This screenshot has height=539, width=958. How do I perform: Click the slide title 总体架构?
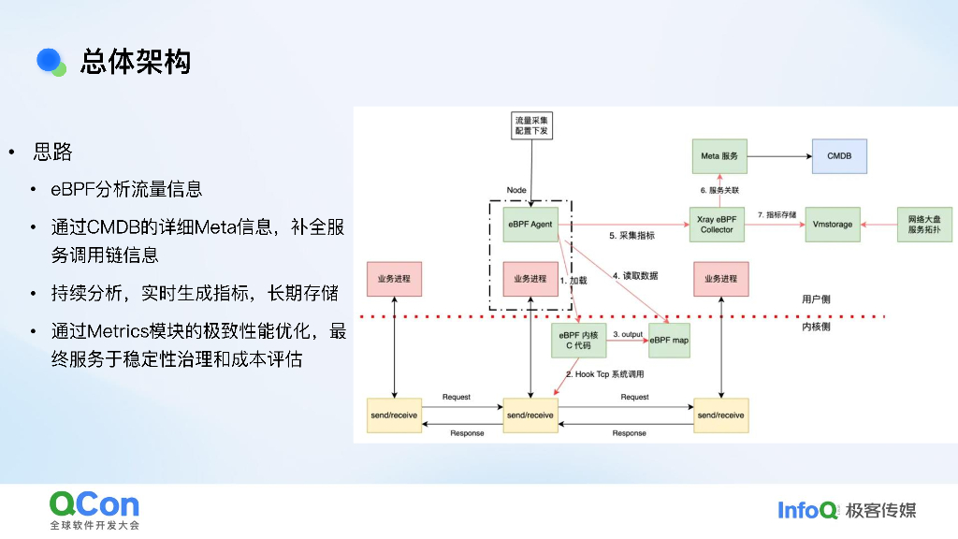pyautogui.click(x=136, y=62)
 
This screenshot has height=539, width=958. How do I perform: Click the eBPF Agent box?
pyautogui.click(x=530, y=225)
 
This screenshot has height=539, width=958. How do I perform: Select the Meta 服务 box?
pyautogui.click(x=718, y=155)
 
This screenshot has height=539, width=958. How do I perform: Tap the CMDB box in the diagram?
pyautogui.click(x=839, y=155)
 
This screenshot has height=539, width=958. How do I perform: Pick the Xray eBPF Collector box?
pyautogui.click(x=718, y=225)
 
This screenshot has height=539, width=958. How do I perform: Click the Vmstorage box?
pyautogui.click(x=833, y=225)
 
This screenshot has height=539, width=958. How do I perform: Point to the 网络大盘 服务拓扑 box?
pyautogui.click(x=923, y=225)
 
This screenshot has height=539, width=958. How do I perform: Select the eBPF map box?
pyautogui.click(x=669, y=341)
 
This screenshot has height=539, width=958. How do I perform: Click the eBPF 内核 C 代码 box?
pyautogui.click(x=578, y=341)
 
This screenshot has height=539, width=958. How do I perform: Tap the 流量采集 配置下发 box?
pyautogui.click(x=531, y=126)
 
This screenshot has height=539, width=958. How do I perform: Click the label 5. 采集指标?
pyautogui.click(x=631, y=235)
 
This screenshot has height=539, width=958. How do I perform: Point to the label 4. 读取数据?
pyautogui.click(x=635, y=276)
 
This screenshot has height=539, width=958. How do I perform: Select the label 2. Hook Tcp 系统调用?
pyautogui.click(x=603, y=374)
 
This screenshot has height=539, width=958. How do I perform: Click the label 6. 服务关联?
pyautogui.click(x=719, y=189)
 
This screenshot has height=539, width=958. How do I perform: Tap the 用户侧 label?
pyautogui.click(x=816, y=299)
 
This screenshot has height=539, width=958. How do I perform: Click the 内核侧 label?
pyautogui.click(x=816, y=328)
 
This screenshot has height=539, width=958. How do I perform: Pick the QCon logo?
pyautogui.click(x=94, y=505)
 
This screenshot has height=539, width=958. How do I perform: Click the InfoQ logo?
pyautogui.click(x=807, y=510)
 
